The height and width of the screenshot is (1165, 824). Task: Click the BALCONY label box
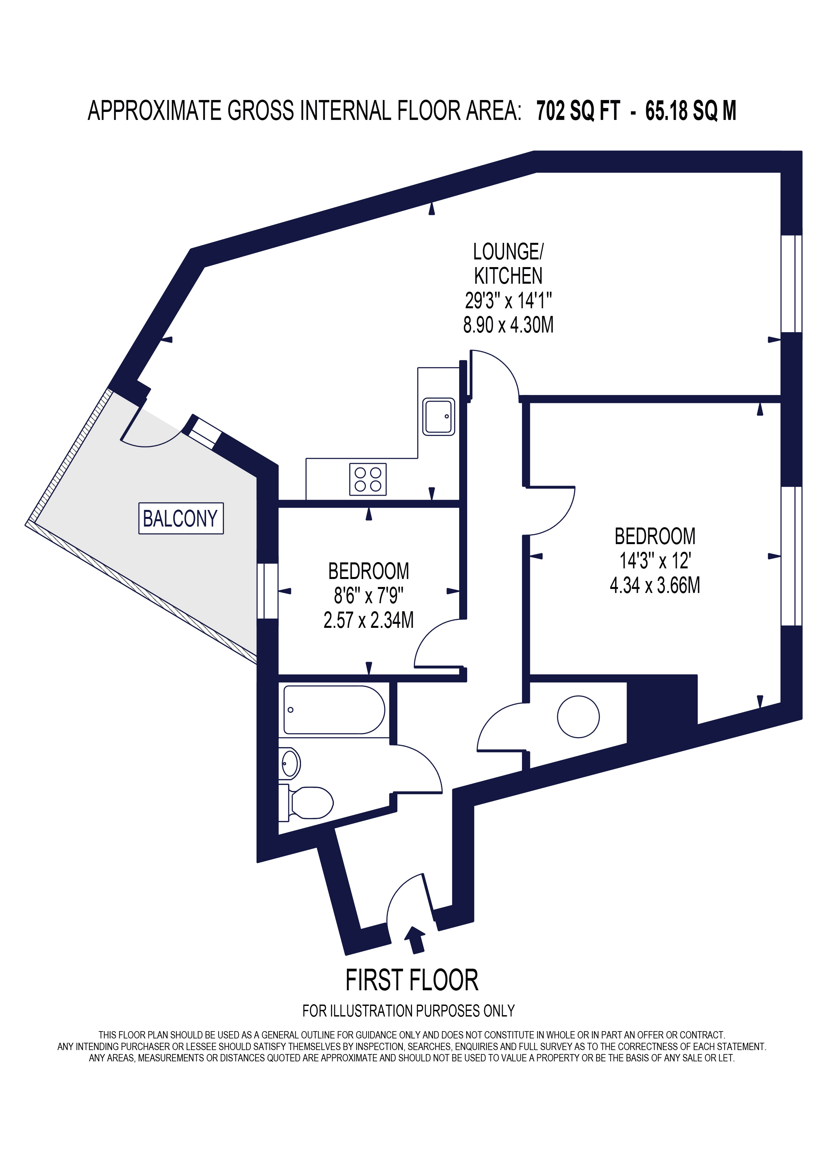click(181, 518)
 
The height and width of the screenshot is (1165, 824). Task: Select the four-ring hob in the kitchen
click(368, 479)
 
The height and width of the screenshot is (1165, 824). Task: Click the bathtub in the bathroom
click(334, 710)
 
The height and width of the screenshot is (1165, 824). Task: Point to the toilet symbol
click(310, 803)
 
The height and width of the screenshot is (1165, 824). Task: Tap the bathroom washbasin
click(290, 763)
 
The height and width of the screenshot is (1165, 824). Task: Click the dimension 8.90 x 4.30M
click(508, 325)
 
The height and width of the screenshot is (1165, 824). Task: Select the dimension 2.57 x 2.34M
click(368, 620)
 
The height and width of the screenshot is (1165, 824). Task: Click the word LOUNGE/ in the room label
click(508, 252)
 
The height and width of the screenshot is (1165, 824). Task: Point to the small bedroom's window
click(267, 591)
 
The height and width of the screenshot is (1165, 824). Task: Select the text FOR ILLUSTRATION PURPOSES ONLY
click(408, 1011)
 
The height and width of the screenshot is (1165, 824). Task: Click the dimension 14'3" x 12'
click(655, 561)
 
